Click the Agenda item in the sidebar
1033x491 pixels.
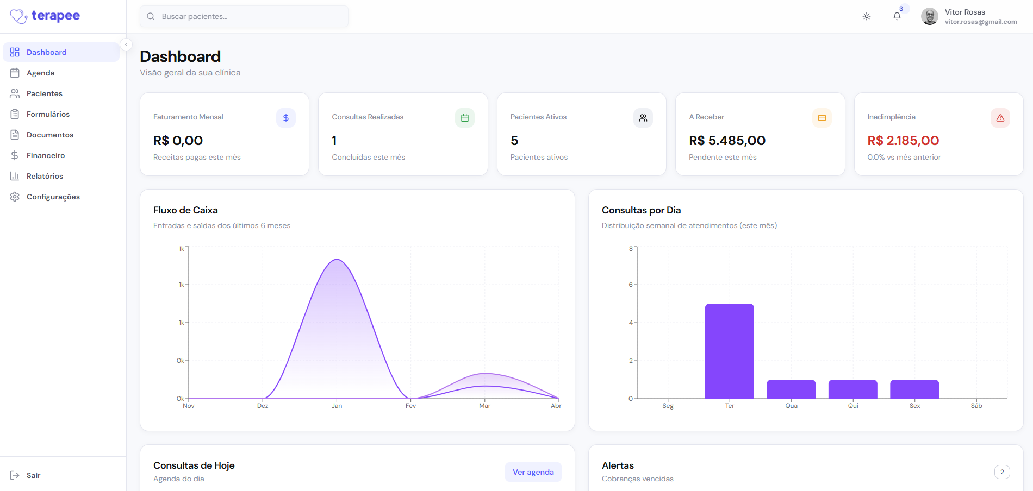pyautogui.click(x=40, y=73)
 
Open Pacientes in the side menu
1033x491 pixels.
pyautogui.click(x=44, y=93)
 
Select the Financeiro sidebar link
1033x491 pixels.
pyautogui.click(x=45, y=155)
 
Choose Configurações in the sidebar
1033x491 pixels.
pyautogui.click(x=53, y=197)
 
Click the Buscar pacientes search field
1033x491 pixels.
pyautogui.click(x=245, y=16)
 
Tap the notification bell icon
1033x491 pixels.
pyautogui.click(x=897, y=16)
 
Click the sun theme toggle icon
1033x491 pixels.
pyautogui.click(x=867, y=16)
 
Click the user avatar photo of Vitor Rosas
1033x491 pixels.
pyautogui.click(x=930, y=16)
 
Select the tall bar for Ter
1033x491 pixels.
pyautogui.click(x=729, y=351)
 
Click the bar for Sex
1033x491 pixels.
pyautogui.click(x=914, y=389)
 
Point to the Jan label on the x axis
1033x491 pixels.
pyautogui.click(x=337, y=406)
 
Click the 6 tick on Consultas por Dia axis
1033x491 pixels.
pyautogui.click(x=631, y=285)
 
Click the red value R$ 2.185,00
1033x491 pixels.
pyautogui.click(x=903, y=141)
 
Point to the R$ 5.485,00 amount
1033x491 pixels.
pyautogui.click(x=727, y=141)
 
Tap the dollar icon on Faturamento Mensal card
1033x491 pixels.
pyautogui.click(x=286, y=118)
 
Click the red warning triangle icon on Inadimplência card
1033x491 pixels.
pyautogui.click(x=1000, y=118)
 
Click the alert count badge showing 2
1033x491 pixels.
pyautogui.click(x=1002, y=472)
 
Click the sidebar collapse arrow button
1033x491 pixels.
pyautogui.click(x=126, y=45)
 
